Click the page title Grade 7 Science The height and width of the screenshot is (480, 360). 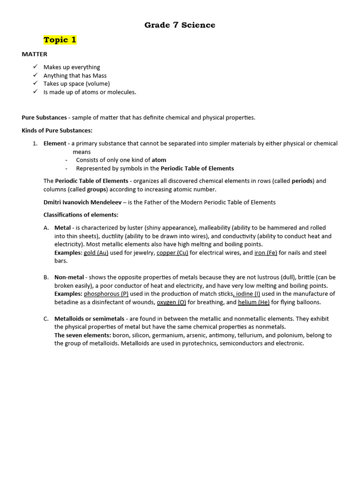click(x=180, y=25)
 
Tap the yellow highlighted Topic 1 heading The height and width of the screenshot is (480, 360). click(x=60, y=40)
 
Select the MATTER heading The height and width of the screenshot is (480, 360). click(x=34, y=54)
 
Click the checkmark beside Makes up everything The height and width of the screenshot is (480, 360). click(x=35, y=67)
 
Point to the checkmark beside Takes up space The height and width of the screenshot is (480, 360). click(x=35, y=83)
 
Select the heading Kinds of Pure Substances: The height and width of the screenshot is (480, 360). click(x=57, y=130)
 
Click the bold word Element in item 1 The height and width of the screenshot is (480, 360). click(x=55, y=143)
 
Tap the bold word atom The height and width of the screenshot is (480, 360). click(x=159, y=160)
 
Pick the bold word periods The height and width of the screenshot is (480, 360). click(x=302, y=181)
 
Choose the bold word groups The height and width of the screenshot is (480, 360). click(x=97, y=189)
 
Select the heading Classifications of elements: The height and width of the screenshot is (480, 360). click(x=81, y=215)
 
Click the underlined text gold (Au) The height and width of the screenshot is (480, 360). click(x=96, y=253)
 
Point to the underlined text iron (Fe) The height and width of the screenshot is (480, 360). click(x=266, y=253)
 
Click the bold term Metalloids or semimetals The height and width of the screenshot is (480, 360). click(x=89, y=319)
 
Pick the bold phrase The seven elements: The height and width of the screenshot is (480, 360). click(x=82, y=335)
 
